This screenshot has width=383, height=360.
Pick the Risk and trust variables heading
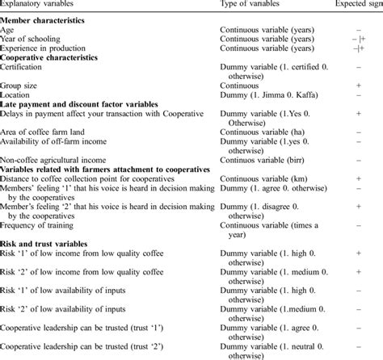49,241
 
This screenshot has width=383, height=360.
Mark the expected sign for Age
356,31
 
